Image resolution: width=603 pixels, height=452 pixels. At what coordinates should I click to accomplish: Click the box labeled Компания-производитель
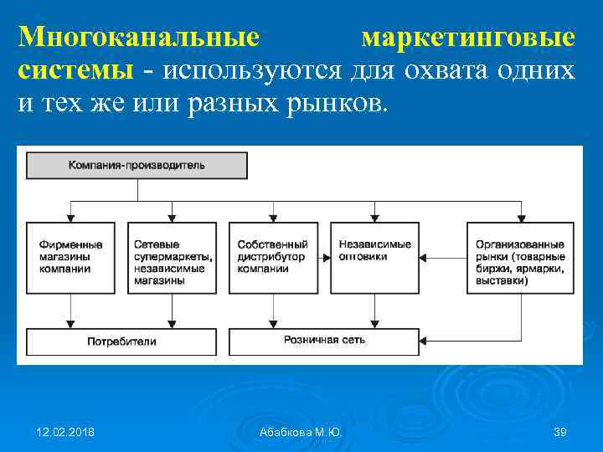tap(137, 165)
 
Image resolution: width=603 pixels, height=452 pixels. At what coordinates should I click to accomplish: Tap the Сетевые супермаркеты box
tap(172, 257)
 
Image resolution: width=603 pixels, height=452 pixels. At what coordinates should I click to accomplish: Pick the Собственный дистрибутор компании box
tap(273, 257)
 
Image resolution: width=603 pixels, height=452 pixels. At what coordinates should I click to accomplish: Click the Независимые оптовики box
tap(374, 257)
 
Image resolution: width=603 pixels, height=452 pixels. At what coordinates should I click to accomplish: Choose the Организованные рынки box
tap(519, 257)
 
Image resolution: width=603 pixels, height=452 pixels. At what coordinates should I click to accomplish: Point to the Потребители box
tap(121, 342)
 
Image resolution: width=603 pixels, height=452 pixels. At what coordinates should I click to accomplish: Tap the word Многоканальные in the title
tap(138, 39)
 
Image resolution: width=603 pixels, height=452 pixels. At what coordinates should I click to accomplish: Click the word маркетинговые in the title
tap(468, 39)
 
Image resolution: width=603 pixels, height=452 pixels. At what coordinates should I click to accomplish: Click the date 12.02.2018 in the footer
tap(66, 432)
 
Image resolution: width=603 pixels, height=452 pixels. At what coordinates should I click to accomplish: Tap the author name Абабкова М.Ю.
tap(301, 432)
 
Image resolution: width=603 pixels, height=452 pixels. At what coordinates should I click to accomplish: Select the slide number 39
tap(560, 432)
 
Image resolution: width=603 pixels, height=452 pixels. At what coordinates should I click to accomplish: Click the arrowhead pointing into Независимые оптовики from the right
tap(423, 257)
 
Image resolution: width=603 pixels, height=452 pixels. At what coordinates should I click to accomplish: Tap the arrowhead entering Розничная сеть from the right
tap(425, 341)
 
